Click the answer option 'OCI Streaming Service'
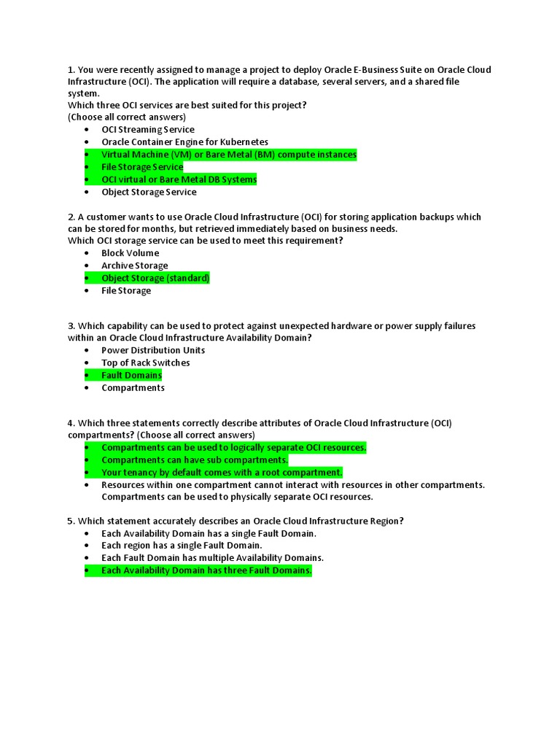[x=148, y=130]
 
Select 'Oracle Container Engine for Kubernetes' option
[x=184, y=142]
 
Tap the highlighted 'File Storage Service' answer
[x=142, y=167]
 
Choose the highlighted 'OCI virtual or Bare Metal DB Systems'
[x=179, y=179]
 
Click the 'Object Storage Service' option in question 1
[x=149, y=192]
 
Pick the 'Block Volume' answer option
[x=130, y=253]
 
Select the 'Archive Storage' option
[x=134, y=266]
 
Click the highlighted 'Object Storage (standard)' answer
[x=155, y=278]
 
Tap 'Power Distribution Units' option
[x=153, y=350]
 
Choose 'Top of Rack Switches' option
[x=145, y=363]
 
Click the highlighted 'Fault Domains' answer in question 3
[x=131, y=375]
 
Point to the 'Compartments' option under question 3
[x=133, y=387]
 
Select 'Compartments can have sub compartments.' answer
[x=194, y=460]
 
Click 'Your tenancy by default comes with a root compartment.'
[x=222, y=473]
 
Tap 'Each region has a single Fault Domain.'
[x=182, y=545]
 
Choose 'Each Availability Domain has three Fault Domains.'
[x=206, y=570]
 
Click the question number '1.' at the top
[x=71, y=70]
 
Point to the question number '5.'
[x=71, y=521]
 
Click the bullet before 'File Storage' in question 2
[x=86, y=291]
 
